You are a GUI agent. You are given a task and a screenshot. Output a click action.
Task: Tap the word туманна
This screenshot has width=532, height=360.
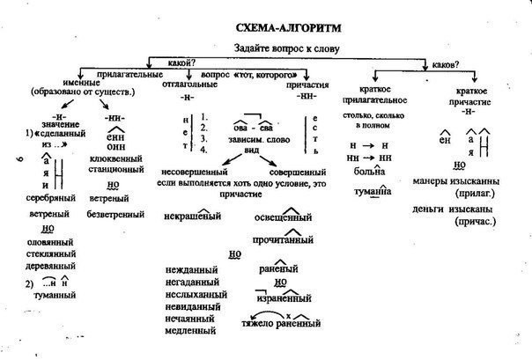369,191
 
